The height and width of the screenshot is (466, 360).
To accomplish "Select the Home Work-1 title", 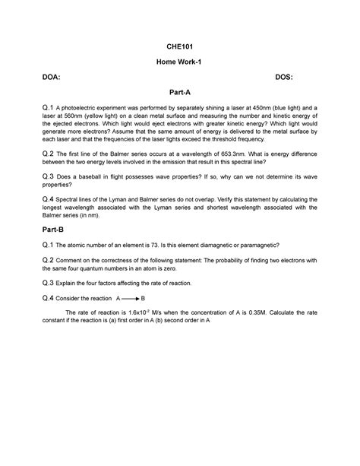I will [x=180, y=61].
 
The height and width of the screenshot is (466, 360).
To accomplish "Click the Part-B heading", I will [x=56, y=229].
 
